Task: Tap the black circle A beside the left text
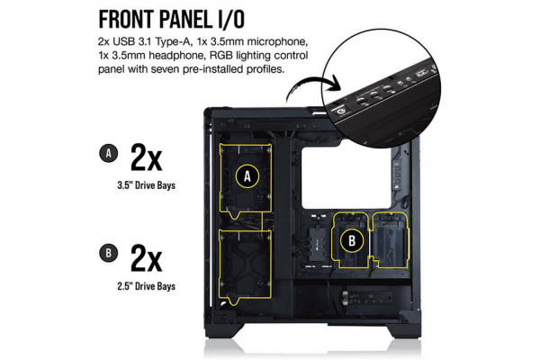(107, 155)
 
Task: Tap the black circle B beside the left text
(107, 254)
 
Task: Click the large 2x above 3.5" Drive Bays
(146, 157)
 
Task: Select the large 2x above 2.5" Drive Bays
(146, 258)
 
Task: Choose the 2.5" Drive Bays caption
(146, 287)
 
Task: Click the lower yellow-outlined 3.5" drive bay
(245, 263)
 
